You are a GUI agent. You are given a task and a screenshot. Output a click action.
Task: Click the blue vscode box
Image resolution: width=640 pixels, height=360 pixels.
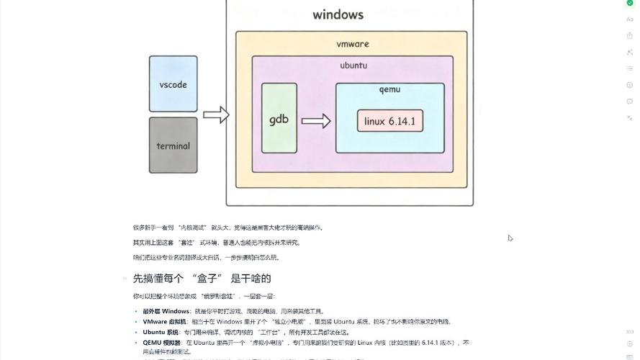[x=173, y=84]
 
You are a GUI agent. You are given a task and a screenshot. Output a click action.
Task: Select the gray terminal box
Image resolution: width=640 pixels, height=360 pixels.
[x=173, y=145]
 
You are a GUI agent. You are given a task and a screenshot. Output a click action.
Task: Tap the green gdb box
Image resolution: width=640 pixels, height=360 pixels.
[x=279, y=118]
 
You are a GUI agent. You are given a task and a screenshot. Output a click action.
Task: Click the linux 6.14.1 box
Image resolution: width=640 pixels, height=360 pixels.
[x=389, y=121]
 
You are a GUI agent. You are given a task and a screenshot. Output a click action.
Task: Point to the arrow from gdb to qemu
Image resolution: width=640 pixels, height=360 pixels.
[x=315, y=120]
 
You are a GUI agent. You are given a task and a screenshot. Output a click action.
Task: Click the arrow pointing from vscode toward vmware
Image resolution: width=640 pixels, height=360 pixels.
[x=215, y=114]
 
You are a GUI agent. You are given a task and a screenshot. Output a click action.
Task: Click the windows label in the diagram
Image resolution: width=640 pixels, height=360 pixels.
[x=338, y=14]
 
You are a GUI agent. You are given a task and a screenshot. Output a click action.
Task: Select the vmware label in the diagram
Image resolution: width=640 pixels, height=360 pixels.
[x=353, y=44]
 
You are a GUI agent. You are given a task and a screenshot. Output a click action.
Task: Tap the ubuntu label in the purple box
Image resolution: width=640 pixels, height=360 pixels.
[x=353, y=66]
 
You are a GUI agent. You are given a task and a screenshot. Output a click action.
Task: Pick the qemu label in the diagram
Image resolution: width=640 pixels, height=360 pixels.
[x=389, y=89]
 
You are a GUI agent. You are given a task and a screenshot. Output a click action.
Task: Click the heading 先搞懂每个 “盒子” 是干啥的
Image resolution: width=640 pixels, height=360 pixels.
[x=202, y=278]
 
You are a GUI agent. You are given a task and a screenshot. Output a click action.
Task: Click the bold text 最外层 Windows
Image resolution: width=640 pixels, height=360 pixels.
[x=166, y=311]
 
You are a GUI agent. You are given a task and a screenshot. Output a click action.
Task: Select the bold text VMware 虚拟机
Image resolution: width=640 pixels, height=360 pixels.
[x=165, y=322]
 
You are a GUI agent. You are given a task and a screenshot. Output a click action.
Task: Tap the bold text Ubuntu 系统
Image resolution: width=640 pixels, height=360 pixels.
[x=161, y=332]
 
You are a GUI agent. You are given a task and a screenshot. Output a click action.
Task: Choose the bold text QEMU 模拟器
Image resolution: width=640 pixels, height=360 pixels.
[x=162, y=343]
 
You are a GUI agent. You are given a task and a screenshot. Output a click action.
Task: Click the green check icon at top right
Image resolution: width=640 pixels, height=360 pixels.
[x=630, y=3]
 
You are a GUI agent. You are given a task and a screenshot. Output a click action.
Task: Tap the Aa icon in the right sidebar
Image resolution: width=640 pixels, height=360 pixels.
[x=630, y=19]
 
